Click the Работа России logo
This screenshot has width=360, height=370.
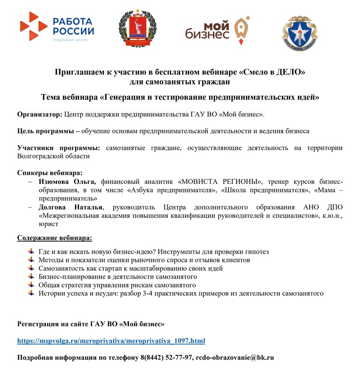(57, 28)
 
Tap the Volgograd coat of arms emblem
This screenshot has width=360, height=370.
(136, 28)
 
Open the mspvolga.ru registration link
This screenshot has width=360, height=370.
(111, 341)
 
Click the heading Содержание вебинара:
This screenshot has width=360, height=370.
(54, 238)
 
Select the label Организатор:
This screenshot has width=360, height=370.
(39, 113)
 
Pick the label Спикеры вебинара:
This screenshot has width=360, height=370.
(50, 173)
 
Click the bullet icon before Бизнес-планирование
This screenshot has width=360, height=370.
(31, 276)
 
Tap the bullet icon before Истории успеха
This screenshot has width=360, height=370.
(31, 293)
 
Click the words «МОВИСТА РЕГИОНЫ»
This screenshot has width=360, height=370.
(217, 182)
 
